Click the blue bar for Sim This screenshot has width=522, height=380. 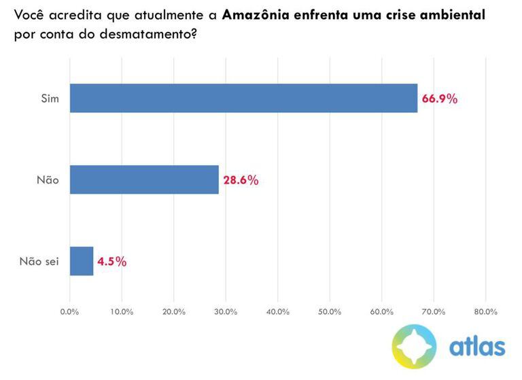click(x=243, y=99)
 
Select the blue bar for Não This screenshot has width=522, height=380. click(x=144, y=180)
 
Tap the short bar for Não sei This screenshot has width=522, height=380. click(x=82, y=261)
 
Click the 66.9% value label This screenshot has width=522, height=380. click(x=440, y=99)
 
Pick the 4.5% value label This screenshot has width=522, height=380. click(x=112, y=262)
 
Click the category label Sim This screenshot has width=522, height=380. click(x=50, y=99)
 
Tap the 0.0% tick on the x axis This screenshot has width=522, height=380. click(x=70, y=311)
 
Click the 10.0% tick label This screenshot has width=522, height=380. click(x=122, y=311)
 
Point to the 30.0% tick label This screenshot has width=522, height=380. click(x=226, y=311)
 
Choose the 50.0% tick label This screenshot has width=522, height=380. click(x=330, y=311)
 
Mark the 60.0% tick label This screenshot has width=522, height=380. click(x=382, y=311)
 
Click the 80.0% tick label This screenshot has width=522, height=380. click(x=485, y=311)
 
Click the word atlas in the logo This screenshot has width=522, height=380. click(x=477, y=347)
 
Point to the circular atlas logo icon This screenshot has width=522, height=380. click(x=414, y=347)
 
